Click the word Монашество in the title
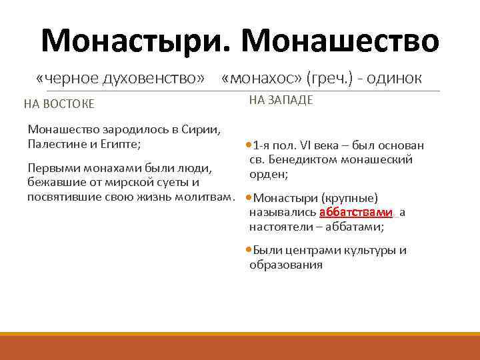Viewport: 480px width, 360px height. [341, 41]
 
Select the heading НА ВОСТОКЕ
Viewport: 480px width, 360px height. [59, 104]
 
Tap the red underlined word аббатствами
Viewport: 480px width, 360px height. [356, 213]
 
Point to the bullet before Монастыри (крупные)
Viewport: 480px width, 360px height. [249, 198]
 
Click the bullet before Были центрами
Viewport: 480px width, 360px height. [249, 251]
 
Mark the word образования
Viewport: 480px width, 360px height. [286, 265]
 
